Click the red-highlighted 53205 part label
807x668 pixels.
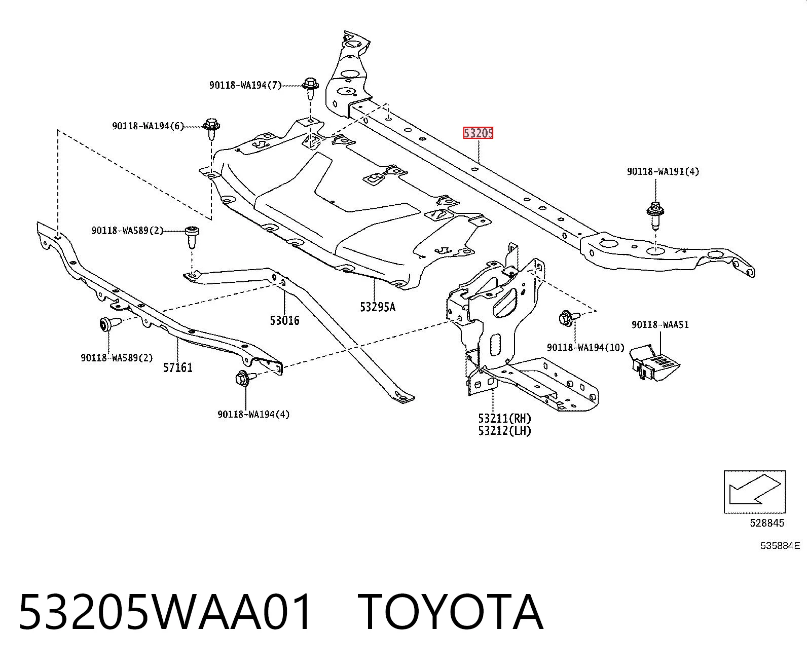pyautogui.click(x=478, y=133)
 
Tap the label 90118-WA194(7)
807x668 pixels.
pyautogui.click(x=245, y=85)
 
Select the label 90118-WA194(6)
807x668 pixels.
pyautogui.click(x=148, y=126)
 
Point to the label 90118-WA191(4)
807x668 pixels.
pyautogui.click(x=663, y=171)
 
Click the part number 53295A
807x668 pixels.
pyautogui.click(x=378, y=307)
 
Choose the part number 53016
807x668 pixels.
pyautogui.click(x=284, y=320)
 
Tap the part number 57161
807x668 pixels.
pyautogui.click(x=178, y=367)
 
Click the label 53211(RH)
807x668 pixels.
pyautogui.click(x=505, y=418)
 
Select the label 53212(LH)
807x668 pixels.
pyautogui.click(x=505, y=431)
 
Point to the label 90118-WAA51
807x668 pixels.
pyautogui.click(x=660, y=324)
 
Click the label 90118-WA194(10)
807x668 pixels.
pyautogui.click(x=585, y=348)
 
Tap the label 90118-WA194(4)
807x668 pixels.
pyautogui.click(x=253, y=414)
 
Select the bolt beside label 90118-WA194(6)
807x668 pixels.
pyautogui.click(x=212, y=129)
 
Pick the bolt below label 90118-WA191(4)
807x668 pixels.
pyautogui.click(x=655, y=215)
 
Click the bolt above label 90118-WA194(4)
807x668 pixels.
pyautogui.click(x=245, y=377)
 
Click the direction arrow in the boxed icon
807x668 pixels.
pyautogui.click(x=754, y=491)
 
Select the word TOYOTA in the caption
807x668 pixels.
pyautogui.click(x=450, y=613)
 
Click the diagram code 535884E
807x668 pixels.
pyautogui.click(x=780, y=545)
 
